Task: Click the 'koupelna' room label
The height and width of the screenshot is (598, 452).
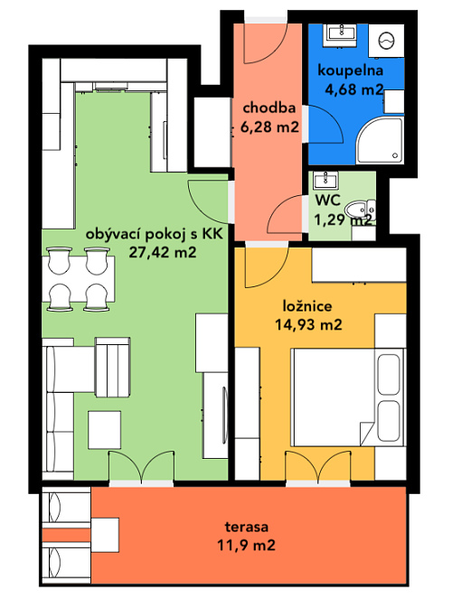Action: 350,70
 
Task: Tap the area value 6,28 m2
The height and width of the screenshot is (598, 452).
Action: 269,126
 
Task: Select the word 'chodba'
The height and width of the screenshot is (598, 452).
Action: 269,107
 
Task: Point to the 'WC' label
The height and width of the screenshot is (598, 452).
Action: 328,200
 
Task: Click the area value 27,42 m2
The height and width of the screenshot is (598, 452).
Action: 163,252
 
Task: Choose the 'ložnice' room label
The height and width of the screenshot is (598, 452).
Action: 307,306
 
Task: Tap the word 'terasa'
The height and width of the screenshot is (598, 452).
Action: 247,527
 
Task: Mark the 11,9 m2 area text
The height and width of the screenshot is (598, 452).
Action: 246,545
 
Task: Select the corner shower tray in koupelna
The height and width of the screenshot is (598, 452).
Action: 381,140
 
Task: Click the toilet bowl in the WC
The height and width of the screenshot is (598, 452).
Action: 360,210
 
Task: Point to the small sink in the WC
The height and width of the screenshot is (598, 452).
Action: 325,181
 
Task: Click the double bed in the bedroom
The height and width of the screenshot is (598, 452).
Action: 349,397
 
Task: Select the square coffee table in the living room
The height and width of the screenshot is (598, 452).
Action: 105,430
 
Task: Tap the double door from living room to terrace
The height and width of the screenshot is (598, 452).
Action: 141,467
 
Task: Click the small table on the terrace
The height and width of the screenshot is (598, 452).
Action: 105,535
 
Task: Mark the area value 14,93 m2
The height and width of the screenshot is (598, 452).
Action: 308,324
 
